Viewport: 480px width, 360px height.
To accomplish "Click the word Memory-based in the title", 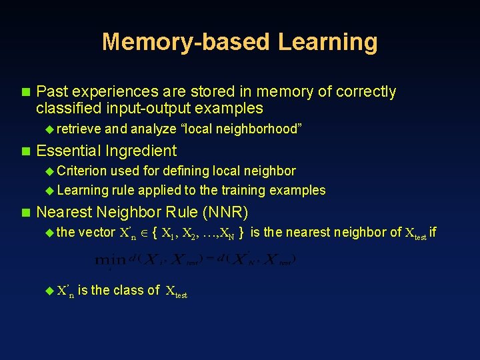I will (x=186, y=42).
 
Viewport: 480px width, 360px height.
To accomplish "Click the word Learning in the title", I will (x=327, y=42).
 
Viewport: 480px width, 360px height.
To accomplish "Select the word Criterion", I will (x=83, y=171).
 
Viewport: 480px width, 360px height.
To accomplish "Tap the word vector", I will (x=97, y=233).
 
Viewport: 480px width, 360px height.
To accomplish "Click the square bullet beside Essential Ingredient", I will (x=26, y=151).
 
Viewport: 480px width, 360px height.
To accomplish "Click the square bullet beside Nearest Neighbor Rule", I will (x=26, y=213).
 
